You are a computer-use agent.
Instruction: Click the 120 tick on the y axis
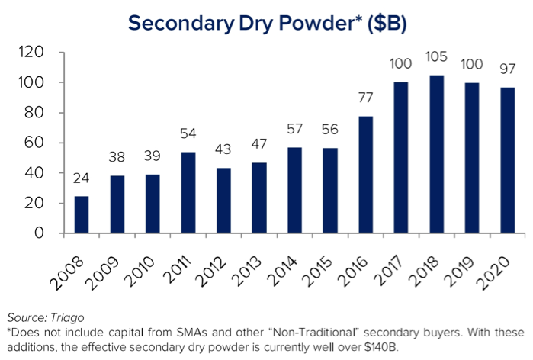click(34, 53)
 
